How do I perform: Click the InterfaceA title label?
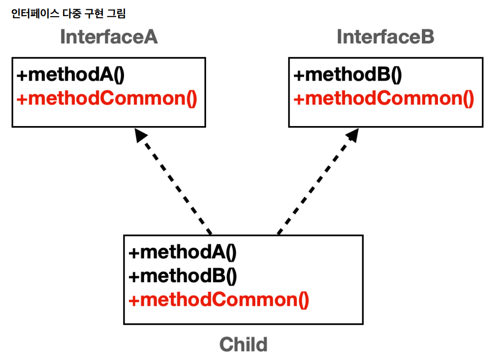[109, 37]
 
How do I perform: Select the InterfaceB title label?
[385, 37]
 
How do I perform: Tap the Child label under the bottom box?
[244, 344]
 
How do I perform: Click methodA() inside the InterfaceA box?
[70, 75]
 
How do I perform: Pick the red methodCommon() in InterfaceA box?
[107, 98]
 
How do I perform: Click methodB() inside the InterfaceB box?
[348, 75]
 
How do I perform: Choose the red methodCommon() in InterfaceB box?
[384, 98]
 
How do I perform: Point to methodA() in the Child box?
[182, 252]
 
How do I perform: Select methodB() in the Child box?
[183, 276]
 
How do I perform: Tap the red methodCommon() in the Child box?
[219, 299]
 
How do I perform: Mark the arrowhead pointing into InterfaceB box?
[353, 135]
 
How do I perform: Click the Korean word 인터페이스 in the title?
[35, 13]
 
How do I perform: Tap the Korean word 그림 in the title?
[116, 13]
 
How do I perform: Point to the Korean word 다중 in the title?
[72, 13]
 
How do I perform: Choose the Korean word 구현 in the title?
[94, 13]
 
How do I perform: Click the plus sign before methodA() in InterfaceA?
[22, 76]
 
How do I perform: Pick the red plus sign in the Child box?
[134, 300]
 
